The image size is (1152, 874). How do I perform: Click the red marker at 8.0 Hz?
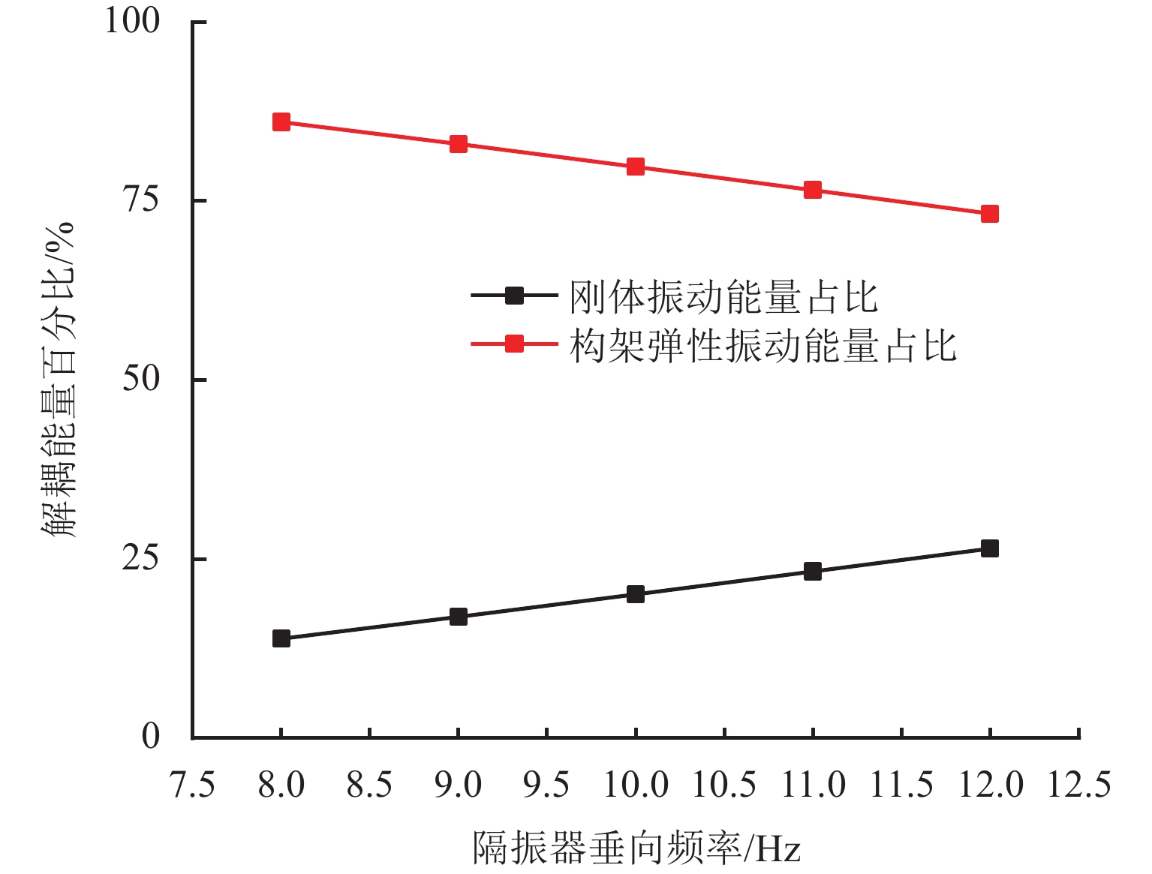click(x=281, y=122)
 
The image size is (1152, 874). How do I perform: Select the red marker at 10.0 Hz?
click(x=636, y=167)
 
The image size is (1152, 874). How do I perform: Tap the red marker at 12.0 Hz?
click(x=990, y=215)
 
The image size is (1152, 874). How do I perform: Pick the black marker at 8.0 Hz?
click(x=281, y=638)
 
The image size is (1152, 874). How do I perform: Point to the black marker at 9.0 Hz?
click(x=459, y=617)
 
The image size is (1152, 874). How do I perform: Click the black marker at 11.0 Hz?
click(x=813, y=572)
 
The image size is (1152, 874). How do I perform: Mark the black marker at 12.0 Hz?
click(x=990, y=548)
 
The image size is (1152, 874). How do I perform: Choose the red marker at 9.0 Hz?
click(x=459, y=144)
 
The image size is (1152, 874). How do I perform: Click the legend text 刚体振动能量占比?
click(x=723, y=297)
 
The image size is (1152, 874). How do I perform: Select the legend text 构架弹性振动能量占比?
click(x=762, y=346)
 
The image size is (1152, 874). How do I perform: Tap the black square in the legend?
click(x=514, y=296)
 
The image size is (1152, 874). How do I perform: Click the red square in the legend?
click(x=514, y=344)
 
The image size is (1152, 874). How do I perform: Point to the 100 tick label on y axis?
click(x=133, y=21)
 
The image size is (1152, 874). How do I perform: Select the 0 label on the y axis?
click(x=151, y=737)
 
